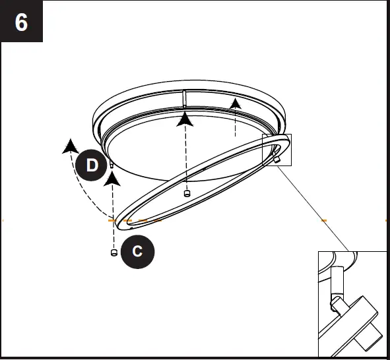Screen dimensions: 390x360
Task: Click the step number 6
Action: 21,22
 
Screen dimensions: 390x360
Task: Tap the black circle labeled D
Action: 92,165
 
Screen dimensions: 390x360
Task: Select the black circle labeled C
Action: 137,251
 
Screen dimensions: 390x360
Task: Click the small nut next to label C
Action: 114,253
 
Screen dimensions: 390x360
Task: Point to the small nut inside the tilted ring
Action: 187,193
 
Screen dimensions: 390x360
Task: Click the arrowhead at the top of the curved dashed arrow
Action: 71,146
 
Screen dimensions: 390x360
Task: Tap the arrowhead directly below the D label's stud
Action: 112,179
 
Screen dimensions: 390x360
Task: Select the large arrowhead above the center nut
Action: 185,119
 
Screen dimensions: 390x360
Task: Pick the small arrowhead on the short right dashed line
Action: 236,104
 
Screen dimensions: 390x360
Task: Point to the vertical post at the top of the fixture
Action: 184,99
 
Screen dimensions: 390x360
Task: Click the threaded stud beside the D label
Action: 112,164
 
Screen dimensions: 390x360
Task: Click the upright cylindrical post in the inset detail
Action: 337,280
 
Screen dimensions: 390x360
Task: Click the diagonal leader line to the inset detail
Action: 313,209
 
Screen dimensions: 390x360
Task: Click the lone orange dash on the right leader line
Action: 323,220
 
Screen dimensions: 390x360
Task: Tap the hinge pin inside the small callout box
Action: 276,160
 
